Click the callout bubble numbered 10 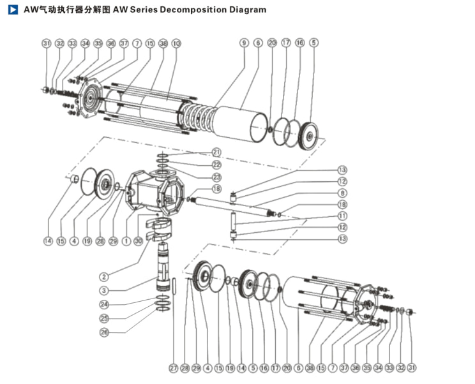tap(176, 43)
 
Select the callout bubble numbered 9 tap(244, 43)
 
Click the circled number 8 tap(343, 193)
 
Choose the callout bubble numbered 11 tap(343, 216)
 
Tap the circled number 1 tap(126, 241)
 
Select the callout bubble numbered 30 tap(139, 241)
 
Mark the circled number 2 tap(104, 277)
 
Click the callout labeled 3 tap(104, 291)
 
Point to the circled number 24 tap(104, 304)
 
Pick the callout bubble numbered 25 tap(104, 318)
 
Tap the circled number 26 tap(104, 332)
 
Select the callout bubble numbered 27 tap(172, 368)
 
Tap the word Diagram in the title tap(246, 10)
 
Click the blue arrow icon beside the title tap(13, 10)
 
